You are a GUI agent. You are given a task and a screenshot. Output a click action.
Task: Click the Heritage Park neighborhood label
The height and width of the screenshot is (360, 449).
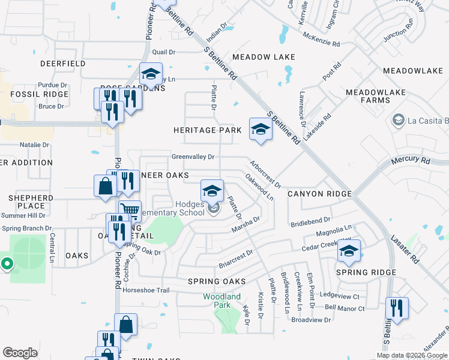click(207, 130)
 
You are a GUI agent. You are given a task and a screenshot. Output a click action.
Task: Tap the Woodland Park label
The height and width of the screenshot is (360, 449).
click(221, 301)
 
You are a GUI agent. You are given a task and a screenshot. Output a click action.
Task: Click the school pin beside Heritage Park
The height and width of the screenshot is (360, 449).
click(260, 130)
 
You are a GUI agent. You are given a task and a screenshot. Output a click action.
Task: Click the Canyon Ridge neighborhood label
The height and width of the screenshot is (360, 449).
click(319, 194)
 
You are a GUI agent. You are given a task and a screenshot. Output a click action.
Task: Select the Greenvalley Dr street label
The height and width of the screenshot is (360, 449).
click(193, 157)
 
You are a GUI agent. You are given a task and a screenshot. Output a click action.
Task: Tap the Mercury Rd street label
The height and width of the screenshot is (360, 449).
click(411, 161)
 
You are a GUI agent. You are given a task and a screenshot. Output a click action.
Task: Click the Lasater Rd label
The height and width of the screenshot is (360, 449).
click(406, 249)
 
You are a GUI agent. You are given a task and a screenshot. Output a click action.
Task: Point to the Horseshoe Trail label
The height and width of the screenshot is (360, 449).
click(146, 290)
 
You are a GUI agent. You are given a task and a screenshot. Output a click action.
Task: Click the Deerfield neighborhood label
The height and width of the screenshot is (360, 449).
click(62, 64)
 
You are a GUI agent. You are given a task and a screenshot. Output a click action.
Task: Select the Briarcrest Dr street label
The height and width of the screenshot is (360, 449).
click(235, 259)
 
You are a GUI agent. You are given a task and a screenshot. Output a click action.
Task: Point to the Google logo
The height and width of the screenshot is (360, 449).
click(20, 353)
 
